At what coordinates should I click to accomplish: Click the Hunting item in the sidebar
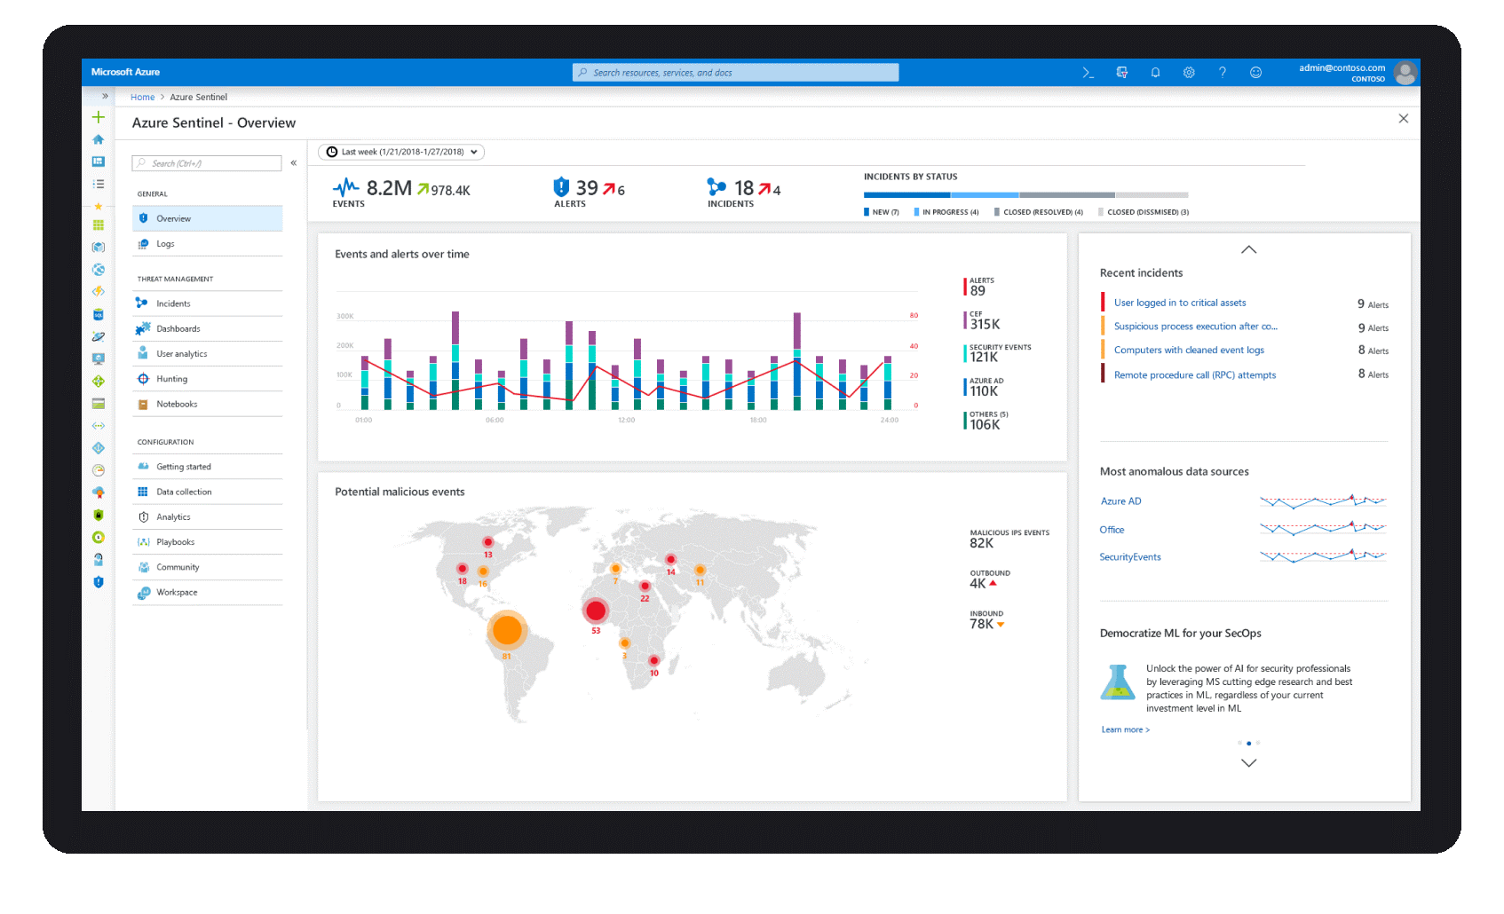point(172,379)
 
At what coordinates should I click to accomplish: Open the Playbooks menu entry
point(175,542)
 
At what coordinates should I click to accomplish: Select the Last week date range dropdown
point(401,152)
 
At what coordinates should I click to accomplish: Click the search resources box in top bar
point(735,73)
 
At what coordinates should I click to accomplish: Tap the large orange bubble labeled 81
point(507,630)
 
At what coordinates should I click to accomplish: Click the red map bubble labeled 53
point(596,611)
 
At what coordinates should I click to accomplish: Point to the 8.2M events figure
point(389,188)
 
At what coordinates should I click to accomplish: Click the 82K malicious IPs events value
point(981,543)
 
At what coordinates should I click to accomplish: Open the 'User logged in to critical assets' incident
point(1180,303)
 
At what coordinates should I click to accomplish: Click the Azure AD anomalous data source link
point(1120,501)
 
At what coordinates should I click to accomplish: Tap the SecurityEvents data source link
point(1129,557)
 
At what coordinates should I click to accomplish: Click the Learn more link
point(1125,729)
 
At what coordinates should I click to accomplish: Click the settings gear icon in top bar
point(1189,73)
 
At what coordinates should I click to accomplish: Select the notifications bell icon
point(1155,73)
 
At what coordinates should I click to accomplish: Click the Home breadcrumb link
point(142,98)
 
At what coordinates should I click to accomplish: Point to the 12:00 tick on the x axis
point(626,420)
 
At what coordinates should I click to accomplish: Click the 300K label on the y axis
point(344,316)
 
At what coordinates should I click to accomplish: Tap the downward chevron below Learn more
point(1248,763)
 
